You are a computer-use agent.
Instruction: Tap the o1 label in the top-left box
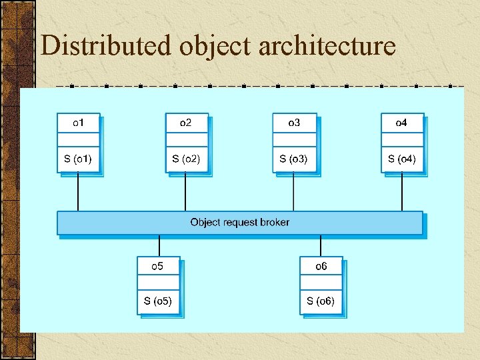coord(79,123)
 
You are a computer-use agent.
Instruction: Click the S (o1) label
coord(78,159)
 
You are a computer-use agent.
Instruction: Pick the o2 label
coord(186,123)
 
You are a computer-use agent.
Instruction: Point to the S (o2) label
coord(186,159)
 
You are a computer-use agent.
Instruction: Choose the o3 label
coord(294,123)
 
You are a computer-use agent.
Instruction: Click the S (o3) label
coord(294,159)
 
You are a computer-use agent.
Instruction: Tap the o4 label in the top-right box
coord(401,123)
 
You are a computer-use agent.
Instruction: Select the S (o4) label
coord(402,159)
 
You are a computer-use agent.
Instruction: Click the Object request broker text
coord(240,222)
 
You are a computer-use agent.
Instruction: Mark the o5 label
coord(157,266)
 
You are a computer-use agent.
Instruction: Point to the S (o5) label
coord(158,301)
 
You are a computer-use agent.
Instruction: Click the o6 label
coord(321,266)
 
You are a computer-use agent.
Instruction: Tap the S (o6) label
coord(321,301)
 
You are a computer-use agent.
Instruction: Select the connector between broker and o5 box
coord(159,245)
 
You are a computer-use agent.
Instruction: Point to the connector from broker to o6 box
coord(321,245)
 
